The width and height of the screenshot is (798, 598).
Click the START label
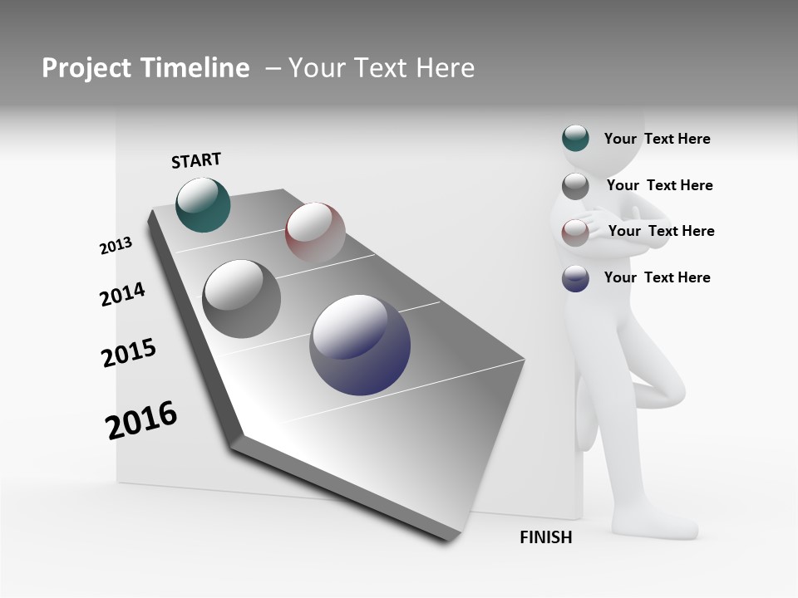[196, 160]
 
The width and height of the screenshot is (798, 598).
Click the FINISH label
[546, 537]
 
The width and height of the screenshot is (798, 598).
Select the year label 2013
[116, 246]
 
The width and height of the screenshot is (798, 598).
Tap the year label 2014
[122, 294]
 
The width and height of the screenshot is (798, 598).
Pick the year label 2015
[129, 353]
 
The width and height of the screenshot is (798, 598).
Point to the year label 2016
[141, 419]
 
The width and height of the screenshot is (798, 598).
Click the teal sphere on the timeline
[203, 205]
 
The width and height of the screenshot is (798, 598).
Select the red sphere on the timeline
[315, 232]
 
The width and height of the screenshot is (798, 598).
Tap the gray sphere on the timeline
[241, 299]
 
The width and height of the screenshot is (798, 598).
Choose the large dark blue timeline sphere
[360, 345]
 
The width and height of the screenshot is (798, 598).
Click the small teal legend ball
[575, 138]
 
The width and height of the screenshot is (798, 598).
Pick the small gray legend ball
[575, 186]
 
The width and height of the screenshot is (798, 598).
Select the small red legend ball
[575, 232]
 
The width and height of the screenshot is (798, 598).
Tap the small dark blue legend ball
[575, 278]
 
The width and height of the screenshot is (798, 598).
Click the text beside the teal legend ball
[657, 139]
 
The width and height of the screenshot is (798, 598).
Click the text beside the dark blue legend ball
[657, 277]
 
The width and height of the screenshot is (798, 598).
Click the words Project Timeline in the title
[145, 68]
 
